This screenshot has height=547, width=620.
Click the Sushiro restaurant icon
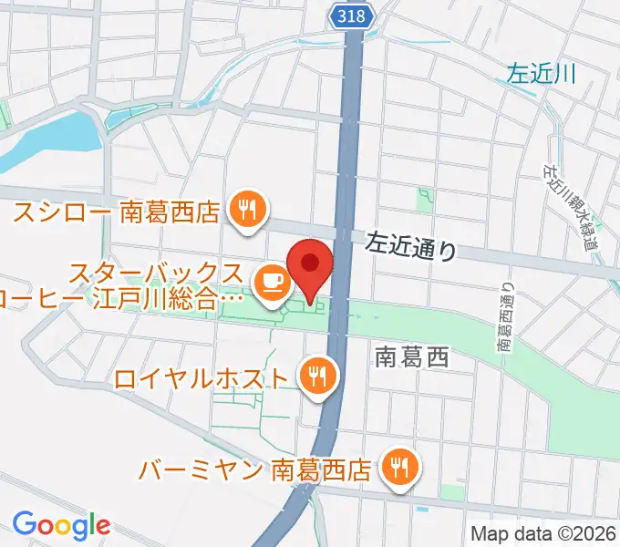click(246, 212)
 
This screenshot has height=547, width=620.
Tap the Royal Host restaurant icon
click(317, 376)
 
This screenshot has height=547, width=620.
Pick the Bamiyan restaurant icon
click(398, 468)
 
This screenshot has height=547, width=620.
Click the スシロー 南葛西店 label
click(117, 212)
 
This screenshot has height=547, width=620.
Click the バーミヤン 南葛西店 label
click(256, 470)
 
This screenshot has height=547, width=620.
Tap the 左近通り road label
click(410, 245)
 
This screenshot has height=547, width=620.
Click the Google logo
click(61, 524)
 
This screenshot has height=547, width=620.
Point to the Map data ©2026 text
click(543, 533)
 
